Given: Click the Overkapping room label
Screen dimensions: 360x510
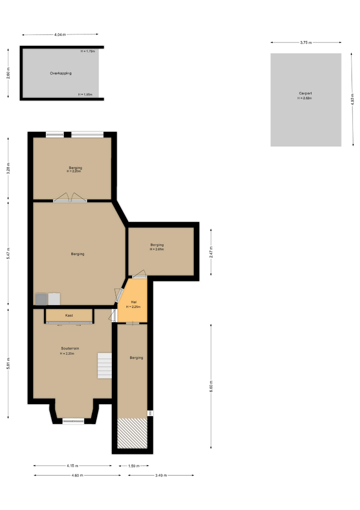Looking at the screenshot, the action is [61, 73].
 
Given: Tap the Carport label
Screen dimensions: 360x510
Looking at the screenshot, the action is [305, 93].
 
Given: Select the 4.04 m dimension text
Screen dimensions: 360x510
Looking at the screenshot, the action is [60, 34].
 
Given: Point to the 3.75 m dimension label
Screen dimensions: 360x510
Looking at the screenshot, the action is [306, 42].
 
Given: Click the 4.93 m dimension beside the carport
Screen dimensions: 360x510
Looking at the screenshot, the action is [352, 99].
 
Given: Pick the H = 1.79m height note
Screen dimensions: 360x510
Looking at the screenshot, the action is [88, 51].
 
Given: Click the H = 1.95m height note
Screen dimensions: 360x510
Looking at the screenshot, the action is [85, 94].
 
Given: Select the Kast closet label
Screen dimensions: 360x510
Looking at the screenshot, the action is [69, 315].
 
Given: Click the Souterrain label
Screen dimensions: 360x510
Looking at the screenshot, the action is [70, 348].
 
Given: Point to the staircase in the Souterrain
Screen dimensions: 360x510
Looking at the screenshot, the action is [105, 365].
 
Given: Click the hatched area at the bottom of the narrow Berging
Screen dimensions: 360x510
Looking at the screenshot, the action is [132, 433].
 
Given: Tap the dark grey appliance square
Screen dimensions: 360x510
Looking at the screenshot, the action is [41, 299].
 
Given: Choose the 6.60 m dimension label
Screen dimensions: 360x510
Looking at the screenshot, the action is [211, 386].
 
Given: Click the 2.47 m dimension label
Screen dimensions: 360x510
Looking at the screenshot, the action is [211, 252].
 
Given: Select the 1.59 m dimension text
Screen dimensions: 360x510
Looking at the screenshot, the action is [134, 466].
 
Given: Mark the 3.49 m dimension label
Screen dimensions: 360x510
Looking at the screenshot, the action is [161, 476].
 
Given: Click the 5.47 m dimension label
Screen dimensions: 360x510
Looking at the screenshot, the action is [8, 254].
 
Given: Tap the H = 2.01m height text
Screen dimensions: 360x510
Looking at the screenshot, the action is [157, 249].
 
